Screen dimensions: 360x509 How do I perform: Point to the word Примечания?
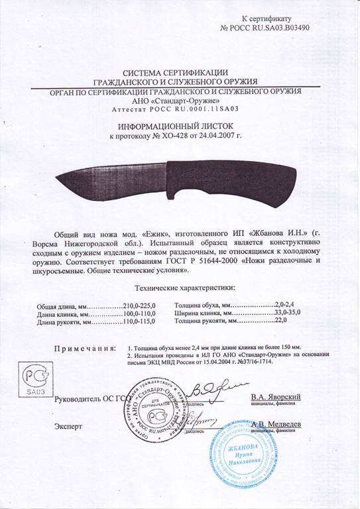point(82,347)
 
